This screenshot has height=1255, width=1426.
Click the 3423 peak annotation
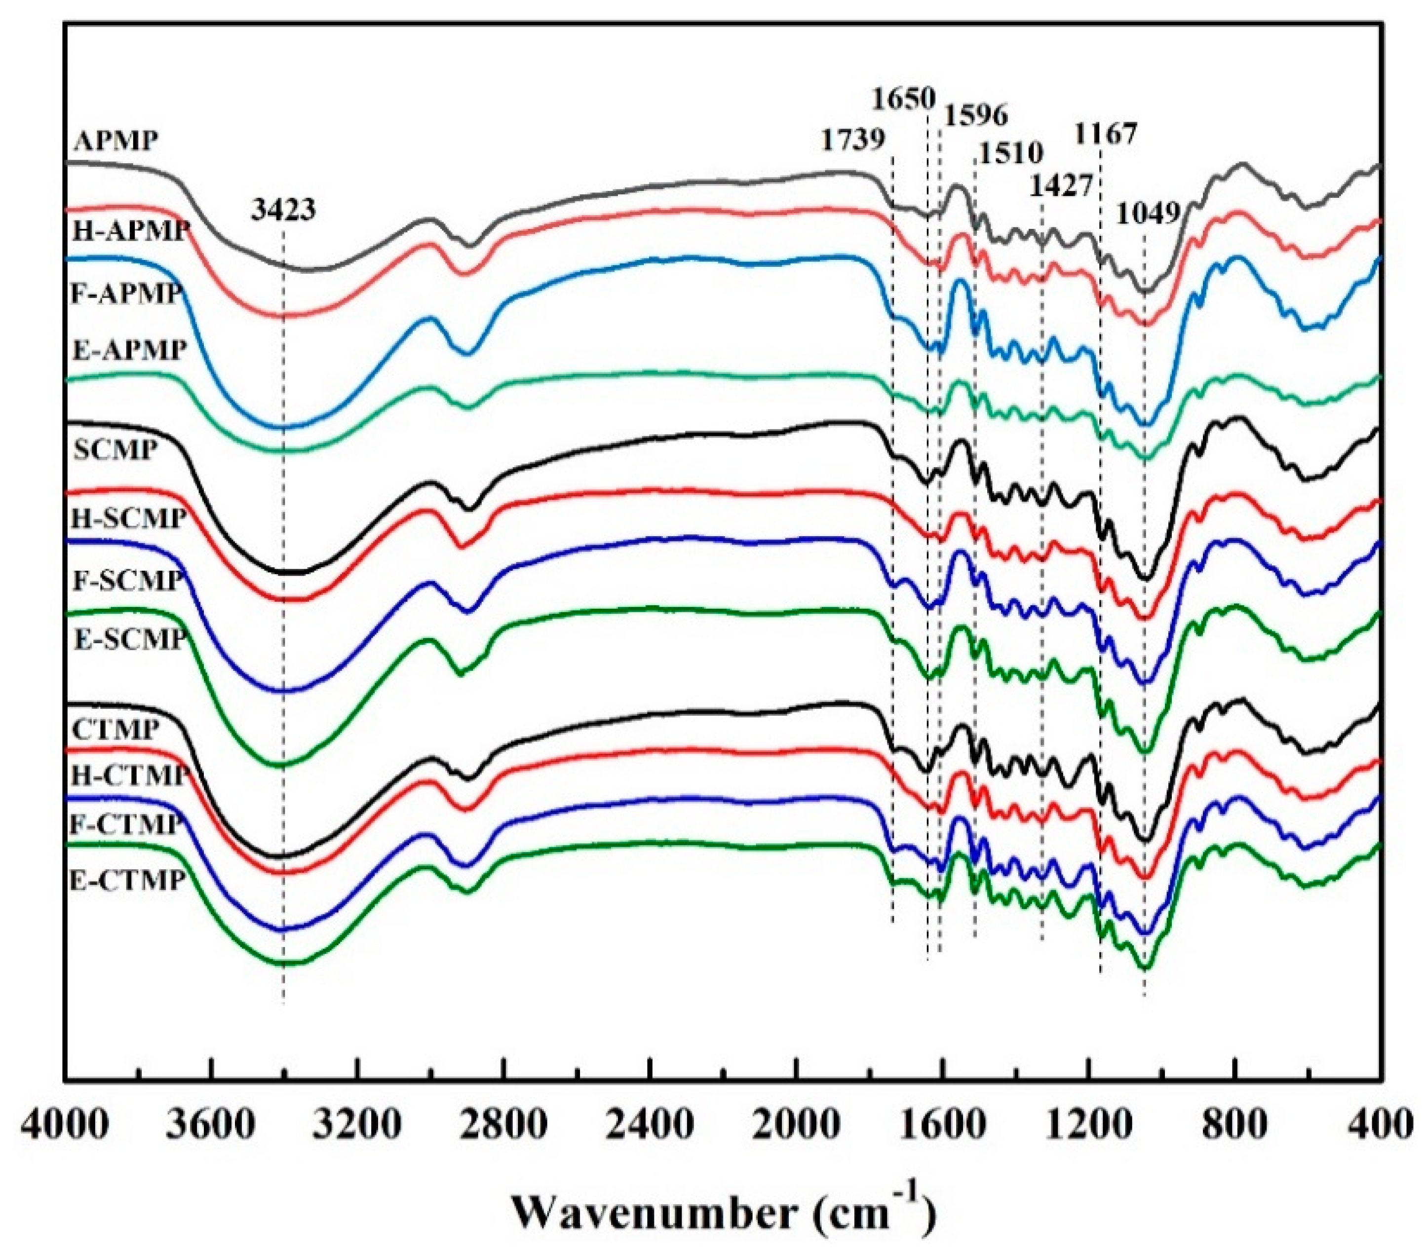283,209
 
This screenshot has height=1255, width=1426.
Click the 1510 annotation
1009,153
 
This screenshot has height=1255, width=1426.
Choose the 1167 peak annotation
1106,133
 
